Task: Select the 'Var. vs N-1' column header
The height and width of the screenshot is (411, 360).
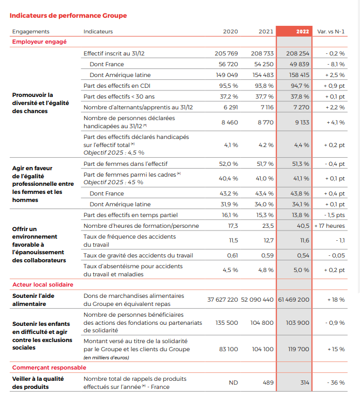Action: click(x=331, y=31)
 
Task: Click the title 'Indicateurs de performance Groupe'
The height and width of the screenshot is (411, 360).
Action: click(x=68, y=16)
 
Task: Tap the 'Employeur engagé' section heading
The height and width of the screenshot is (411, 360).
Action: click(x=39, y=42)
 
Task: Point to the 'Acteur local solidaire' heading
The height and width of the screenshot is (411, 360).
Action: click(x=43, y=284)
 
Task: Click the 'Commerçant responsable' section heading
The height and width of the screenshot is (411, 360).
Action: click(x=49, y=367)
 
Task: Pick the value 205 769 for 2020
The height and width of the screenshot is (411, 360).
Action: click(x=226, y=53)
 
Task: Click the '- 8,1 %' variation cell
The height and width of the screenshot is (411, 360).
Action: click(x=336, y=64)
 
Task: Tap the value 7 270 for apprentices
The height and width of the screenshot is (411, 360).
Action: click(x=301, y=107)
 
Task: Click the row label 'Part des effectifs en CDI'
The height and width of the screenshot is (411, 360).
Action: click(x=117, y=86)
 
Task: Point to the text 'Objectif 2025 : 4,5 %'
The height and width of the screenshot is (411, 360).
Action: click(x=114, y=152)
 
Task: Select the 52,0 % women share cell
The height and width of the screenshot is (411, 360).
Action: click(x=229, y=164)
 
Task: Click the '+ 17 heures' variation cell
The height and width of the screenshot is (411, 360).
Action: click(x=330, y=226)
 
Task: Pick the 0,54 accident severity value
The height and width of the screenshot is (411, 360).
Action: click(x=303, y=255)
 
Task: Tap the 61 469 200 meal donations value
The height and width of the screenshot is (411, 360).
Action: click(x=294, y=299)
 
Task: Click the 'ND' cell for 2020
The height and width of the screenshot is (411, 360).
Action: click(x=233, y=382)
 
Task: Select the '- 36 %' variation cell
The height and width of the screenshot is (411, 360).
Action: click(x=336, y=382)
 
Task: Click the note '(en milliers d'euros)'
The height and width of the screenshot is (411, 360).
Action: click(x=106, y=358)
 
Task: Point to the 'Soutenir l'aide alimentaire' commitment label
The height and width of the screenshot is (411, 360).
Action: click(x=33, y=300)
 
